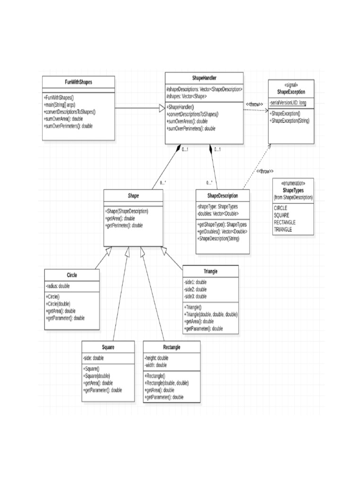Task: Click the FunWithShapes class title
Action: click(x=78, y=82)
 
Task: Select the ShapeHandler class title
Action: click(x=204, y=78)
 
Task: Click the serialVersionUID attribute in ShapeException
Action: click(x=288, y=103)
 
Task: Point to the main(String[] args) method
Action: click(x=60, y=104)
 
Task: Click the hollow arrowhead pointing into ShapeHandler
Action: click(x=161, y=108)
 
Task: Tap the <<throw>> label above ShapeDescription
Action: click(x=265, y=171)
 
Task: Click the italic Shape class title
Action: click(x=133, y=195)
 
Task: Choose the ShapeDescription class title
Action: click(x=222, y=196)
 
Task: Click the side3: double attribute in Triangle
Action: click(x=195, y=296)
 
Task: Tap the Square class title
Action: click(x=108, y=347)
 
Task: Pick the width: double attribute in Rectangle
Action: click(x=156, y=365)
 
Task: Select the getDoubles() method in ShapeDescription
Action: click(x=222, y=231)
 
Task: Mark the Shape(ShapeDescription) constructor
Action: click(x=127, y=211)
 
